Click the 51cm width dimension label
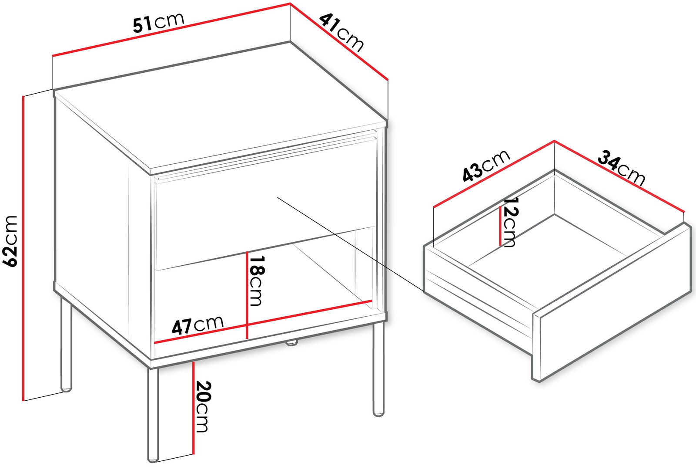click(158, 22)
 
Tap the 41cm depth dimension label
click(341, 32)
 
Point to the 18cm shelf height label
click(257, 281)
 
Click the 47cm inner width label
click(197, 325)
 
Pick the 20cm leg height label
click(203, 406)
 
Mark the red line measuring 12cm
click(500, 226)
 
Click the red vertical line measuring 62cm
click(23, 248)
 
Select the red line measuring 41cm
click(339, 41)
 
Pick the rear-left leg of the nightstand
click(66, 344)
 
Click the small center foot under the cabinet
click(291, 343)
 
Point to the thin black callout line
click(351, 244)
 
